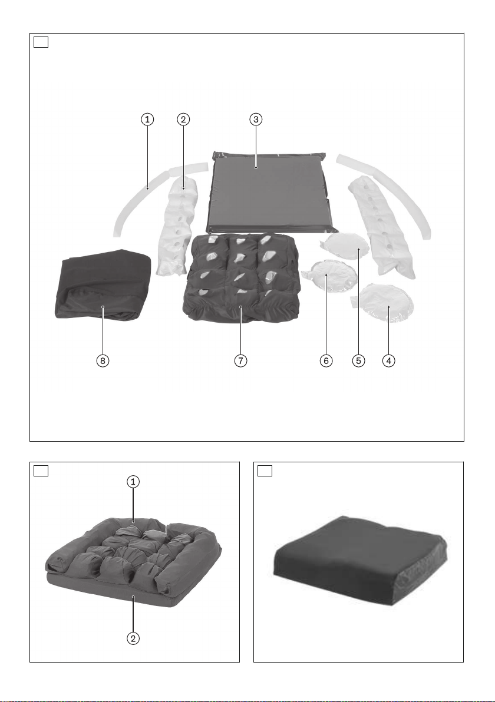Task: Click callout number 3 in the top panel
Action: [255, 119]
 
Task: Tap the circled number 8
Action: [103, 360]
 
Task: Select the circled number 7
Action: [240, 360]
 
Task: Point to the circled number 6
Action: [326, 360]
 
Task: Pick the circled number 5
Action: [358, 360]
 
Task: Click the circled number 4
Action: [388, 360]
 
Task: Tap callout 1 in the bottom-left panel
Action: [133, 482]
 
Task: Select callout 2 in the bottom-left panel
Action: [133, 638]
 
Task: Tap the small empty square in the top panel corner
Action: [41, 42]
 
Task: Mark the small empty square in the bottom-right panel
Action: [265, 471]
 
